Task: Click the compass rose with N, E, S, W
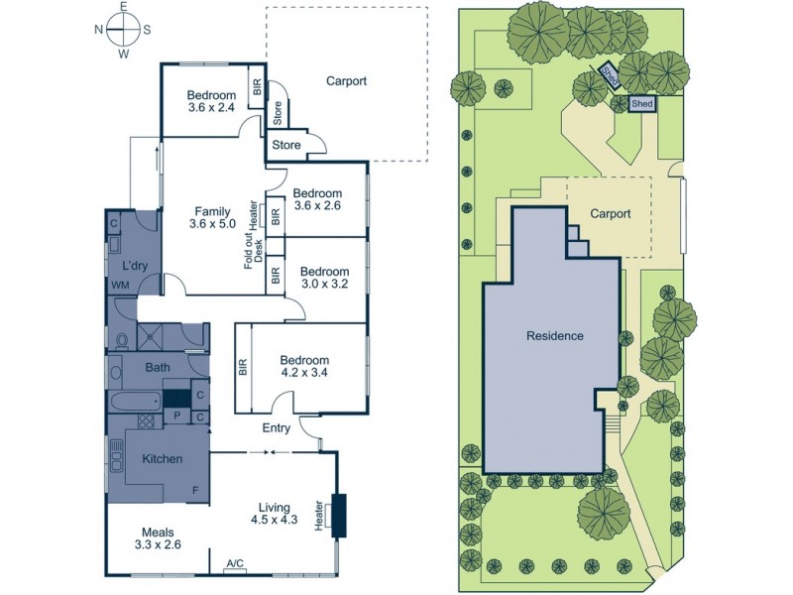coord(123,29)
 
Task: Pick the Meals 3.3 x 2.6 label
coord(159,537)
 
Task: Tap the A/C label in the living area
coord(235,563)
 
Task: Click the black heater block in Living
coord(339,515)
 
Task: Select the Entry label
coord(276,428)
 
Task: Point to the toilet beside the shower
coord(123,341)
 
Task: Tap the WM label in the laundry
coord(120,286)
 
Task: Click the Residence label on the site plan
coord(554,335)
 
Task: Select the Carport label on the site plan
coord(611,212)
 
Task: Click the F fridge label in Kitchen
coord(194,492)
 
